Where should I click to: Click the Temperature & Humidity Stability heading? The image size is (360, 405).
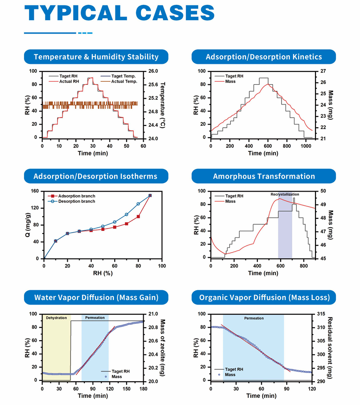pyautogui.click(x=96, y=57)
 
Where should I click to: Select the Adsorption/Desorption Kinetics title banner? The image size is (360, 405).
pyautogui.click(x=264, y=57)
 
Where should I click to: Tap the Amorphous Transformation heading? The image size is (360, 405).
pyautogui.click(x=264, y=176)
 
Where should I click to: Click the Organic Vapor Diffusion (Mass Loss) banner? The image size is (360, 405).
pyautogui.click(x=264, y=297)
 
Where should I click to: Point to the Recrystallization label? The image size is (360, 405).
pyautogui.click(x=285, y=195)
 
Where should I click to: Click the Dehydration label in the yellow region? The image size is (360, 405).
pyautogui.click(x=56, y=317)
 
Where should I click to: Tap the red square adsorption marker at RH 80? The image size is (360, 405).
pyautogui.click(x=138, y=217)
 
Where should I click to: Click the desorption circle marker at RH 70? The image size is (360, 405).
pyautogui.click(x=127, y=215)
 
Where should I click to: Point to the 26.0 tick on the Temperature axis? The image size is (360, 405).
pyautogui.click(x=153, y=71)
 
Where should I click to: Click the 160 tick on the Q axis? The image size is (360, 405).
pyautogui.click(x=35, y=191)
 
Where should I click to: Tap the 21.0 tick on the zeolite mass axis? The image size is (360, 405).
pyautogui.click(x=153, y=314)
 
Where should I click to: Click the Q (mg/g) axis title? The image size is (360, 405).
pyautogui.click(x=27, y=225)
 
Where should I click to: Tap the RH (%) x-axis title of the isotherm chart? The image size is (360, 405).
pyautogui.click(x=103, y=273)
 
